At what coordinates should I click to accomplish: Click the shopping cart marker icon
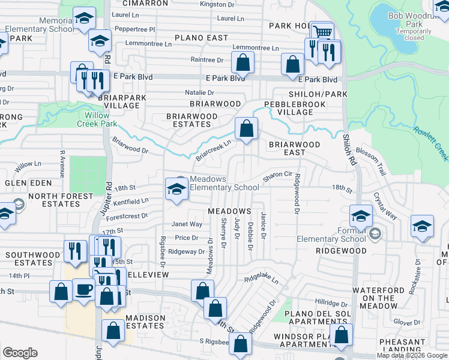(x=323, y=32)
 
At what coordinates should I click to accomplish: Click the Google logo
(x=20, y=353)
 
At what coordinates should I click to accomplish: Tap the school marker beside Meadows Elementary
(x=176, y=189)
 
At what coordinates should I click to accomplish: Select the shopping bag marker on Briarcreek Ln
(x=246, y=128)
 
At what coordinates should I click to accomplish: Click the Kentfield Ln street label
(x=130, y=201)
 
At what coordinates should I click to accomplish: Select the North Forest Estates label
(x=45, y=200)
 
